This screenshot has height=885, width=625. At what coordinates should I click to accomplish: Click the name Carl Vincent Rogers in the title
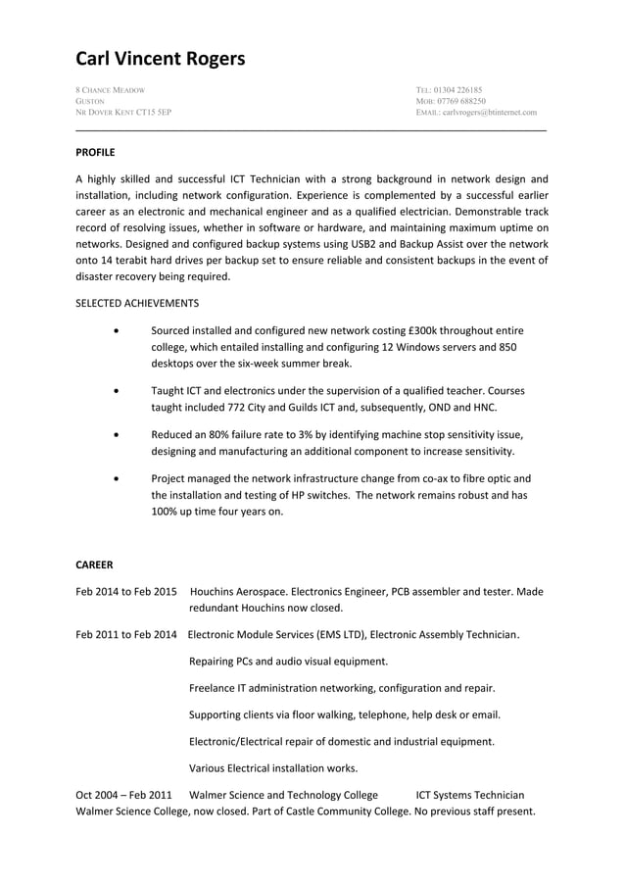coord(161,60)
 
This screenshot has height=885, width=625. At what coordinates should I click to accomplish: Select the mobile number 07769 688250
coord(460,101)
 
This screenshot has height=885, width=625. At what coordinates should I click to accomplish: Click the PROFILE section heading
coord(95,152)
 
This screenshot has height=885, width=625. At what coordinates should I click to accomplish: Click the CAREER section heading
coord(94,565)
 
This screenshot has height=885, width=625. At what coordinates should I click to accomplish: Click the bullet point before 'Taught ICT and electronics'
coord(118,390)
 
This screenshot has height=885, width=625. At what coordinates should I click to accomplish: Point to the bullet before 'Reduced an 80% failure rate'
coord(118,434)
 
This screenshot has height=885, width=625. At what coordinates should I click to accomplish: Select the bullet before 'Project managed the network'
coord(118,479)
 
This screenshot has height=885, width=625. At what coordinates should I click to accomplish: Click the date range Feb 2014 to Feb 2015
coord(126,592)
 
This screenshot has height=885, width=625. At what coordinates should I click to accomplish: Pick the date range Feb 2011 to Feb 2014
coord(126,635)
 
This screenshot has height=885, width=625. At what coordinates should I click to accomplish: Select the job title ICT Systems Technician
coord(469,795)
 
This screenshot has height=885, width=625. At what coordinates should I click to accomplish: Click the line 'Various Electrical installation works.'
coord(273,767)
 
